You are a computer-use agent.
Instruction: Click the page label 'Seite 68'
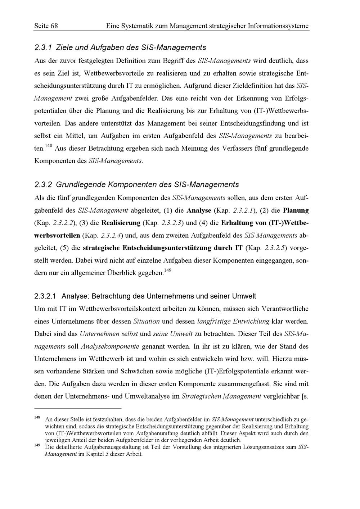[x=46, y=26]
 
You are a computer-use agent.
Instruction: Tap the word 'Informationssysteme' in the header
[x=279, y=26]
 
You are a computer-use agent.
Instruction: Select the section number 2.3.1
[x=44, y=47]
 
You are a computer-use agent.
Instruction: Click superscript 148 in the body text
[x=49, y=146]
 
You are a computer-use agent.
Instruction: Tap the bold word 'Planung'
[x=296, y=210]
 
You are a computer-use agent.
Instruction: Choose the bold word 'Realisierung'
[x=121, y=223]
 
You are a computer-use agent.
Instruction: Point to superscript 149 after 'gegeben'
[x=167, y=270]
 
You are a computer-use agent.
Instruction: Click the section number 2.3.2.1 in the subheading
[x=45, y=296]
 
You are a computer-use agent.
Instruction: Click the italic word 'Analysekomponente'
[x=110, y=346]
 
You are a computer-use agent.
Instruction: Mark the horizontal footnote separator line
[x=78, y=408]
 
